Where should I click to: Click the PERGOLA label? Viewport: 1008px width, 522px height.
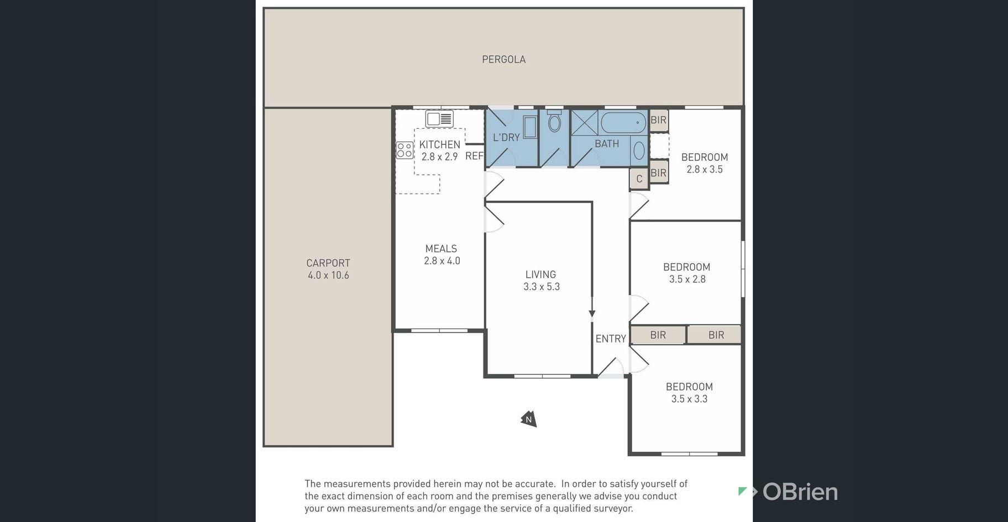click(503, 59)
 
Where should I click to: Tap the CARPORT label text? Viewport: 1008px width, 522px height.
click(328, 263)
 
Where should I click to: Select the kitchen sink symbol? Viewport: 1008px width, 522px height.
click(439, 118)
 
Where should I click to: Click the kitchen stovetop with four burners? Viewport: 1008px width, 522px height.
click(405, 150)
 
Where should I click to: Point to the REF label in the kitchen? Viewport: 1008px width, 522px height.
click(474, 156)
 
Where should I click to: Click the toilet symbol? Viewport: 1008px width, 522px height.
click(554, 121)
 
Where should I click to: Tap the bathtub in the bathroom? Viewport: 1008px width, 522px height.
click(623, 122)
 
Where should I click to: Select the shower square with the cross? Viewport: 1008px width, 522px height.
click(584, 123)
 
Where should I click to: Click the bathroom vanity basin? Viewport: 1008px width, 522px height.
click(639, 150)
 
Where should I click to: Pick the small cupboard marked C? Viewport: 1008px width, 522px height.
click(639, 179)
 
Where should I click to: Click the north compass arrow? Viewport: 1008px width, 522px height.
click(529, 419)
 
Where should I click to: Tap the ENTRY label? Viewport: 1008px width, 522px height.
click(611, 338)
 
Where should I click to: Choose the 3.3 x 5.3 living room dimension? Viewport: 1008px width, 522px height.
click(542, 286)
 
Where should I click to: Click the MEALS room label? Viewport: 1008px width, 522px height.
click(441, 249)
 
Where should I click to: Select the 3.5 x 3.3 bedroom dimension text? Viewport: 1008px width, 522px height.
click(689, 399)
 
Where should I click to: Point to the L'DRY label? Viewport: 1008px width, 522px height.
click(506, 137)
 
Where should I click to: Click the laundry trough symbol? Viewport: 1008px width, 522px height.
click(530, 127)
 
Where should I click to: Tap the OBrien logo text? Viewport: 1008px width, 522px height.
click(800, 492)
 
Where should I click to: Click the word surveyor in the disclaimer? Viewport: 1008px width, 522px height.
click(611, 509)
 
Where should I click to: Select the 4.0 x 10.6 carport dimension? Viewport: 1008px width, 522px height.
click(328, 275)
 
